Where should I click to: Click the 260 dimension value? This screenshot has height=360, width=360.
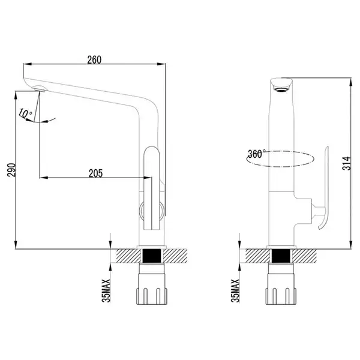point(94,59)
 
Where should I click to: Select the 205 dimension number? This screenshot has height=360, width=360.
point(95,173)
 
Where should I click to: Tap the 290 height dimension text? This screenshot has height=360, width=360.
point(11,170)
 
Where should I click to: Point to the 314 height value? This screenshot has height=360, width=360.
point(347,163)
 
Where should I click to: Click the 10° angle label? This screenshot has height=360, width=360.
point(25,113)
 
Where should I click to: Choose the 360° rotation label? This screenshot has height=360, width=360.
point(257,154)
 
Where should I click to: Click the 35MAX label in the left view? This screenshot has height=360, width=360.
point(106,290)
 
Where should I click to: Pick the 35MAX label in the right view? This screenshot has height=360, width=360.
point(235,290)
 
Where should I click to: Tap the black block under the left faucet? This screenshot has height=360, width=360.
point(152,256)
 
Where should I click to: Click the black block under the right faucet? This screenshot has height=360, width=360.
point(281,256)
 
